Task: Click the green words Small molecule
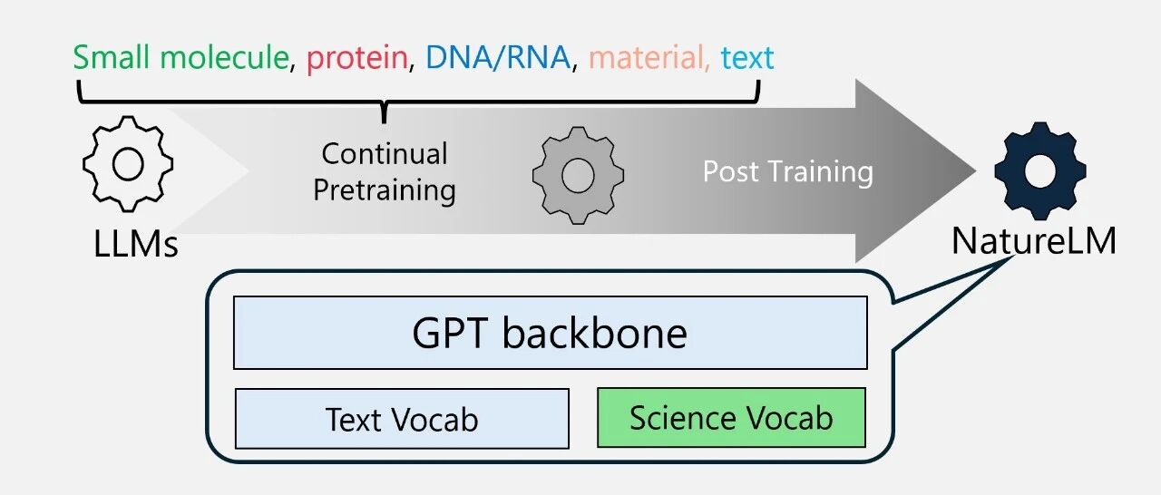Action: click(x=180, y=58)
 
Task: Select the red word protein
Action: click(x=356, y=58)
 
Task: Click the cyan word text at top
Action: click(x=747, y=58)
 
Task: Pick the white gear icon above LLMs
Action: click(x=127, y=164)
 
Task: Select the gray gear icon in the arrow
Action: click(x=577, y=175)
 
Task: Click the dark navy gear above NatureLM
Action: click(x=1039, y=170)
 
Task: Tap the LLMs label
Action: click(x=136, y=244)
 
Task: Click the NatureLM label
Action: click(x=1033, y=241)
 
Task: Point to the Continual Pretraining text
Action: click(x=385, y=172)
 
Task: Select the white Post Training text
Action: click(x=787, y=171)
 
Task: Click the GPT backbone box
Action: click(x=550, y=333)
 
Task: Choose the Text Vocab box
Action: click(x=402, y=419)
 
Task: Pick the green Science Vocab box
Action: click(x=731, y=418)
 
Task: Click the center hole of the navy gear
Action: click(x=1039, y=170)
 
